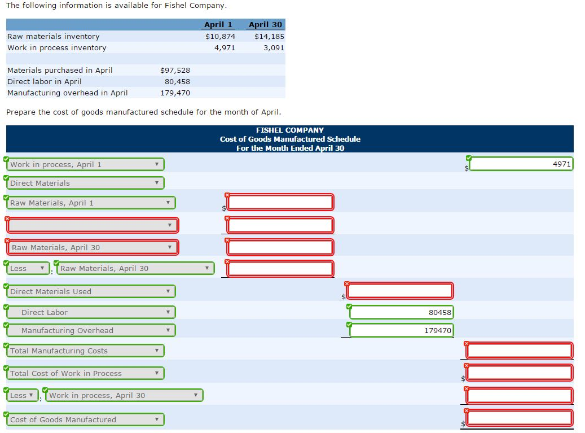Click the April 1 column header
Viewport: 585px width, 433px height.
click(x=218, y=24)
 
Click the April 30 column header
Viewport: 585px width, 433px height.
click(x=265, y=24)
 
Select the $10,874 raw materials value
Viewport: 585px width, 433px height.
click(x=221, y=36)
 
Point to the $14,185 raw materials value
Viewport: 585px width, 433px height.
click(x=269, y=36)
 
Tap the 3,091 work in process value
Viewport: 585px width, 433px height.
click(x=274, y=47)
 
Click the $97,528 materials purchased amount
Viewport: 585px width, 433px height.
click(x=175, y=70)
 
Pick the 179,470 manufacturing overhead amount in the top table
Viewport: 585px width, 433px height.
click(x=175, y=93)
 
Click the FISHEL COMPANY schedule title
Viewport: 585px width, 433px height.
click(x=290, y=130)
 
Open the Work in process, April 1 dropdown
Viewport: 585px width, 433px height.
click(x=86, y=164)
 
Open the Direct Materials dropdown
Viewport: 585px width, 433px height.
click(x=86, y=183)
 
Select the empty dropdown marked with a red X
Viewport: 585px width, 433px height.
click(x=93, y=225)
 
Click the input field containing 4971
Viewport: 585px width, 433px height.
click(x=521, y=164)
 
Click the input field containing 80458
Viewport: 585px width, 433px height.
click(x=401, y=312)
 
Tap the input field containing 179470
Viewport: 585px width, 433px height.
click(x=401, y=330)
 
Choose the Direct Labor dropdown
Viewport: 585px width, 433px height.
click(x=92, y=312)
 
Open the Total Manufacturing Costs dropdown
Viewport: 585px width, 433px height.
click(x=86, y=351)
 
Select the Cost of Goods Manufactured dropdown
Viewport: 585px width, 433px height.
click(x=86, y=419)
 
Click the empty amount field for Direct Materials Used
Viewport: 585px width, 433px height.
click(x=400, y=291)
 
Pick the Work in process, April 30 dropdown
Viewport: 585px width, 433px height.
click(x=124, y=395)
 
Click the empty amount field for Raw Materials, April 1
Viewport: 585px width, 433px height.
click(x=280, y=202)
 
